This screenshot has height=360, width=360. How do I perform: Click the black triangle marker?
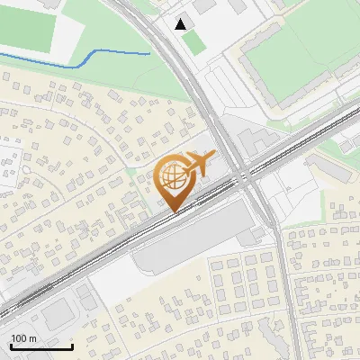(x=182, y=24)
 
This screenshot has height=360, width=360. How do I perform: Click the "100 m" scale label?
(x=23, y=338)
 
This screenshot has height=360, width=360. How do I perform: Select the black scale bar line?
(x=40, y=346)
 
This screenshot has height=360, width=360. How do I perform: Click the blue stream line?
(x=90, y=59)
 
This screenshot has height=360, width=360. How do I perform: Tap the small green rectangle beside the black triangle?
(x=195, y=42)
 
